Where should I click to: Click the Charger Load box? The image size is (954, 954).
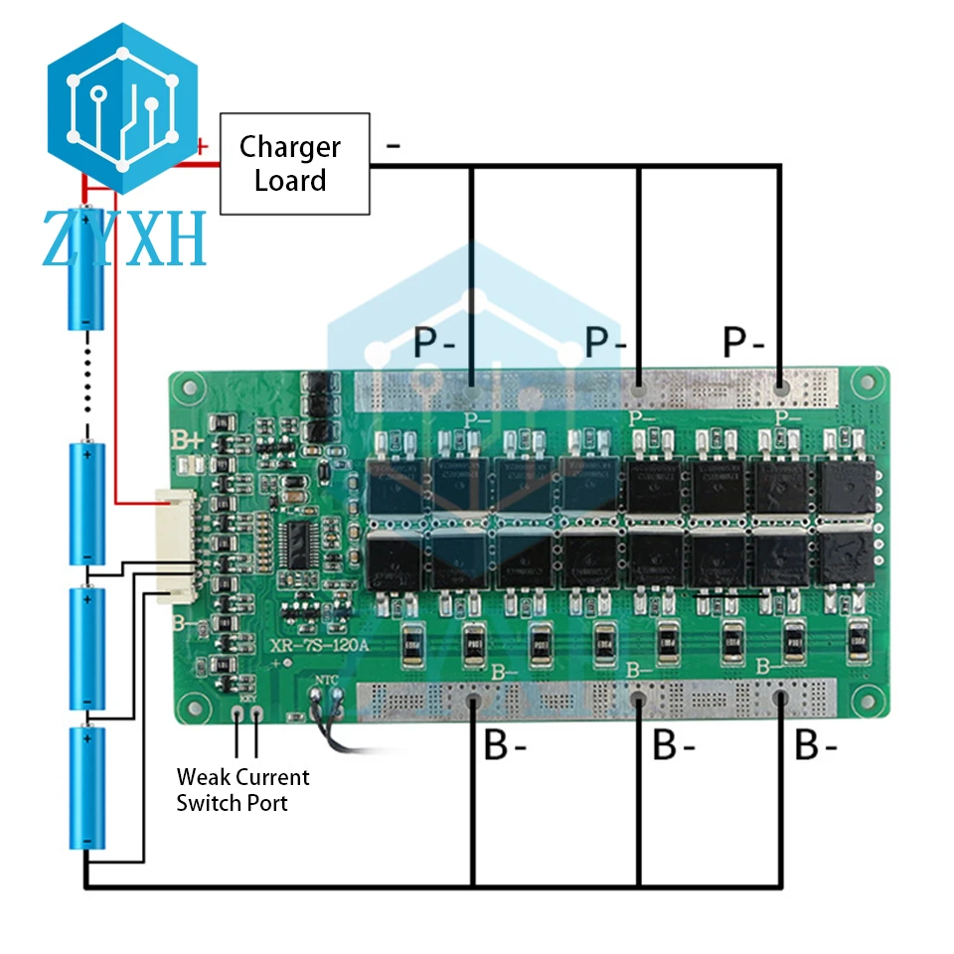click(x=294, y=164)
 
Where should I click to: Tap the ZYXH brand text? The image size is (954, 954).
click(x=124, y=238)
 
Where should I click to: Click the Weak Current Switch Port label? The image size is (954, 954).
click(x=242, y=790)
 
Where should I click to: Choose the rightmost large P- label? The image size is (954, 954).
click(x=743, y=344)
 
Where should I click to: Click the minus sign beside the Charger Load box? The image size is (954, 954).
click(x=394, y=146)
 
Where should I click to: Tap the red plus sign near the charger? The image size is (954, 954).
click(x=202, y=146)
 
